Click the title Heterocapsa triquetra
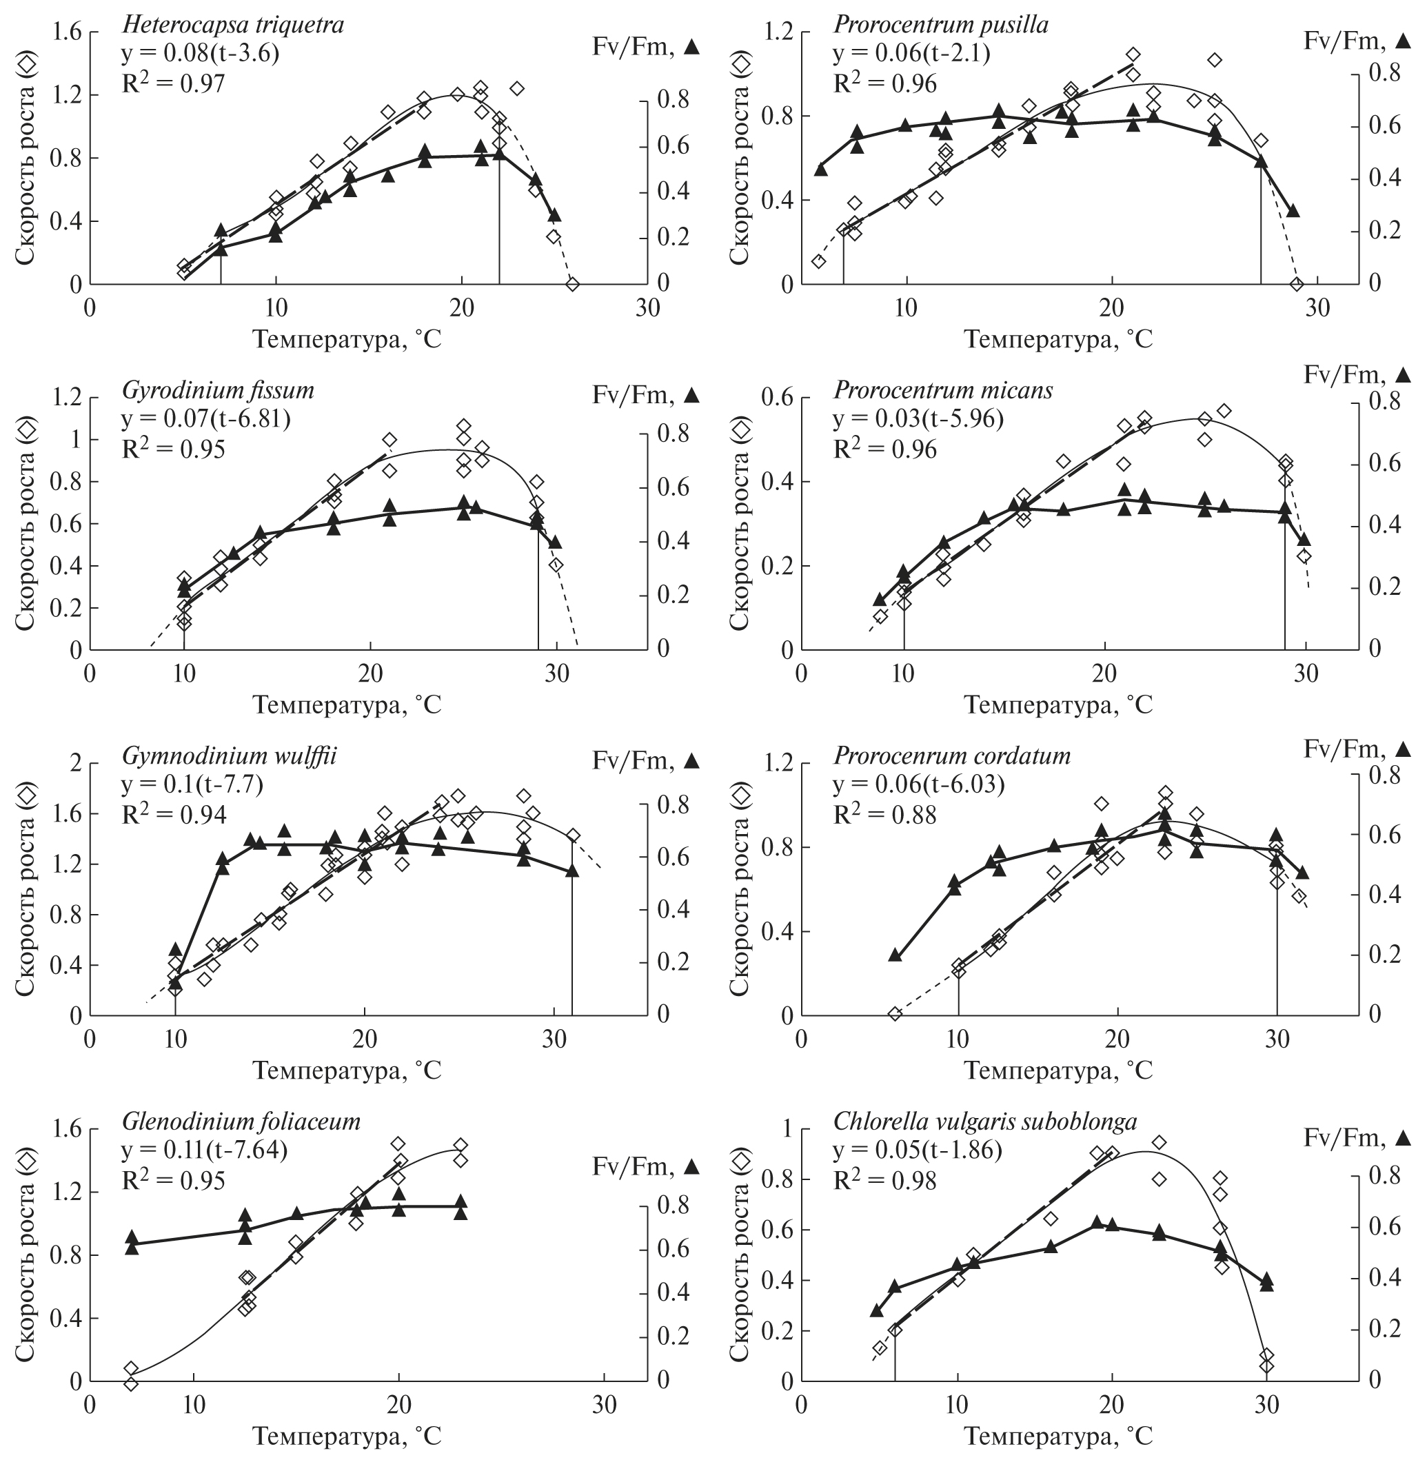233,25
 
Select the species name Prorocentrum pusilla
940,25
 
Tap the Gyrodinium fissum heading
218,390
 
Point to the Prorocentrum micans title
943,390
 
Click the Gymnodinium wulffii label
230,755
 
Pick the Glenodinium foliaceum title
241,1121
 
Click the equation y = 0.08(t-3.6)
201,53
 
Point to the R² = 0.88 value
884,814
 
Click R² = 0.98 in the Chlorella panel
884,1180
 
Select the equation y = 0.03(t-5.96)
918,419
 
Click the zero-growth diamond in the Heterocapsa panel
573,284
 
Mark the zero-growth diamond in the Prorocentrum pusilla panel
1297,284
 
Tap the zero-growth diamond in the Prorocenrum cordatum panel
894,1014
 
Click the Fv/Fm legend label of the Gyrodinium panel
645,395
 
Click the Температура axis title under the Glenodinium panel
347,1437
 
